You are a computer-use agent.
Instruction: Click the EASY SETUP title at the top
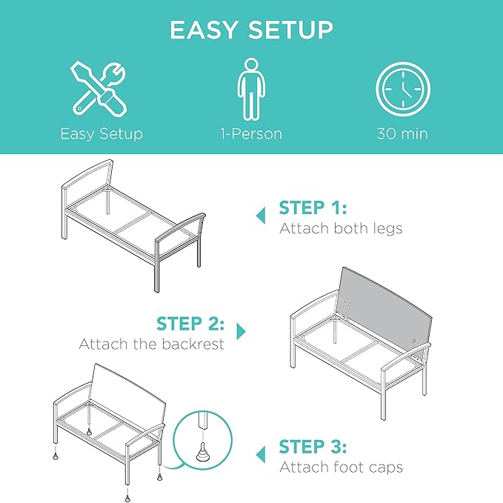click(251, 30)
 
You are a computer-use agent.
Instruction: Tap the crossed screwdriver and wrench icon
click(99, 89)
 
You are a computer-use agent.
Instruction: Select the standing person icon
click(251, 89)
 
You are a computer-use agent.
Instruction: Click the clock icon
click(403, 89)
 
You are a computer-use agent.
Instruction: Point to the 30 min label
click(402, 134)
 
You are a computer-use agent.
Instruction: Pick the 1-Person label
click(251, 134)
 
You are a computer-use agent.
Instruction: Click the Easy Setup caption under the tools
click(101, 134)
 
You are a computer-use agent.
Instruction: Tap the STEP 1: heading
click(313, 207)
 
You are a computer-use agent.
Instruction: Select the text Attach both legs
click(341, 228)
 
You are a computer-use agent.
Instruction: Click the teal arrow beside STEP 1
click(261, 216)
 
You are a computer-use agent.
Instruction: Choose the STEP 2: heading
click(190, 323)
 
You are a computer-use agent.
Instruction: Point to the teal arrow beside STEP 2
click(241, 331)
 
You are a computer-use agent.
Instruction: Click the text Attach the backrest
click(151, 344)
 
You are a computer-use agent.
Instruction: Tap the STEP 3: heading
click(313, 447)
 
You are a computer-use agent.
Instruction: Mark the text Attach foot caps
click(341, 467)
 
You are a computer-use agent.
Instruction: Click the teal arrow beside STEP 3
click(261, 454)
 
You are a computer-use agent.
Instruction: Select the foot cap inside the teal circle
click(203, 452)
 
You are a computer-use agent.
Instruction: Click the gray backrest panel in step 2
click(385, 308)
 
